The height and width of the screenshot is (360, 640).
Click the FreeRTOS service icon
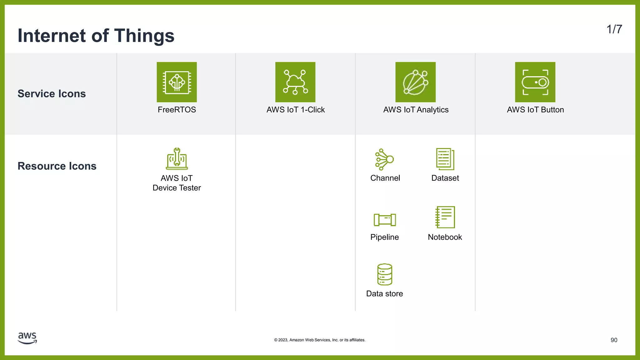pos(177,82)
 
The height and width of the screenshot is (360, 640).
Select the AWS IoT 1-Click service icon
pos(295,82)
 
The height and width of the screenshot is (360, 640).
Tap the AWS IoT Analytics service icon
pos(415,82)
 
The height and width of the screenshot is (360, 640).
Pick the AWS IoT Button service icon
pos(535,82)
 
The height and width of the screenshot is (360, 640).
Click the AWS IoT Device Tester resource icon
pos(177,159)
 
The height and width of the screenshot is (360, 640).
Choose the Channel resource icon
pos(384,159)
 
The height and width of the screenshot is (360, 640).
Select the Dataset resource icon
pos(445,159)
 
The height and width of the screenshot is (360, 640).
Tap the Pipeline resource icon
pos(385,220)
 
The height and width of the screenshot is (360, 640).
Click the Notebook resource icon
pos(445,217)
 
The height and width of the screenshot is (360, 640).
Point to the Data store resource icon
pos(384,274)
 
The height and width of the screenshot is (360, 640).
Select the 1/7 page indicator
pos(614,29)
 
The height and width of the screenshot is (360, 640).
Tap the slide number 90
pos(614,340)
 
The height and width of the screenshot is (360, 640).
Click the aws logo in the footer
pos(27,338)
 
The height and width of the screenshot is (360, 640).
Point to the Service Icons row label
pos(52,94)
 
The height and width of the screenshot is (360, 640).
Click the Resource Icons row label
pos(57,166)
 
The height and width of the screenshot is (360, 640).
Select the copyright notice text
pos(320,340)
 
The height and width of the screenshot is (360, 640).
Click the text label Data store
pos(384,294)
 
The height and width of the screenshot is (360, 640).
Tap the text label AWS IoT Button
pos(535,110)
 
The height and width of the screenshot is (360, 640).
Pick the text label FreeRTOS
pos(177,110)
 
